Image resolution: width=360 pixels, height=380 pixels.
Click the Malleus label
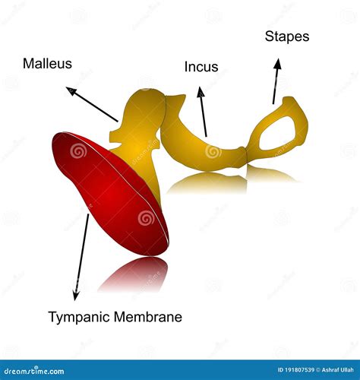47,63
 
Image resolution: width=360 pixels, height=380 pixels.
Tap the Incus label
201,67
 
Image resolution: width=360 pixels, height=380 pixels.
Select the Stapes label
287,36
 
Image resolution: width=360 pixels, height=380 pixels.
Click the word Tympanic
79,317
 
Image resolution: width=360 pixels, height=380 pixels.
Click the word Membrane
148,317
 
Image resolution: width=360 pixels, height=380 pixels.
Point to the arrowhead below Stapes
278,64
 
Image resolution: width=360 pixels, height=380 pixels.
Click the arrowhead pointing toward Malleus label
71,91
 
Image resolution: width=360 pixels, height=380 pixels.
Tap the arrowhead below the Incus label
201,92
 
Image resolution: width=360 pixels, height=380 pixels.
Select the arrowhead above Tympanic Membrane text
76,295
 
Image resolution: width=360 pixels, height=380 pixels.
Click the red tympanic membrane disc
111,194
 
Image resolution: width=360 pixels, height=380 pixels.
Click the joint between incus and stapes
246,154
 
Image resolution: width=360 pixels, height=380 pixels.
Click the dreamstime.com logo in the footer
34,371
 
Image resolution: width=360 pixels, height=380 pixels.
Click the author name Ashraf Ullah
337,370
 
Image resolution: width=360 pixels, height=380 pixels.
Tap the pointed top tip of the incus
184,96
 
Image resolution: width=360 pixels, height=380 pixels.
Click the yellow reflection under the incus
207,182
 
